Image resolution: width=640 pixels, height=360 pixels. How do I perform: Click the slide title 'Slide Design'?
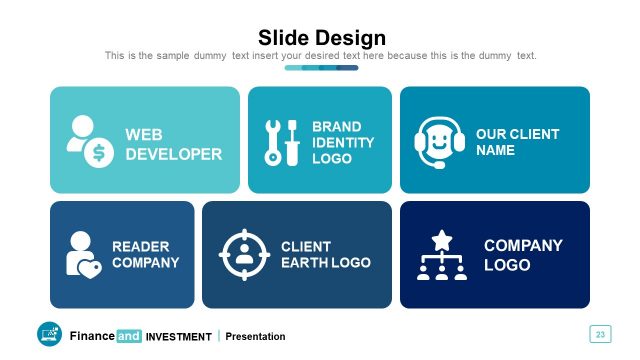tap(321, 38)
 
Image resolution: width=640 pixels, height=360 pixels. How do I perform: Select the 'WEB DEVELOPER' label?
tap(173, 144)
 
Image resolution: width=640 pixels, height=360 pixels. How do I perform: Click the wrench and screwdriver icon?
tap(281, 143)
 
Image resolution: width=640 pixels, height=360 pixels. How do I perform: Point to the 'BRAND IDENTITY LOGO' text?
tap(343, 143)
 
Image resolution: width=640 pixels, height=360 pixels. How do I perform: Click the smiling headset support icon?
tap(440, 141)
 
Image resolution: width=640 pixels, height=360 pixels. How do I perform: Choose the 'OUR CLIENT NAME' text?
tap(517, 142)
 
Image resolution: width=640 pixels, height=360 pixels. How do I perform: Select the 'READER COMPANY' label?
tap(145, 255)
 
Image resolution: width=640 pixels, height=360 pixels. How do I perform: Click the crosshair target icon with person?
tap(245, 254)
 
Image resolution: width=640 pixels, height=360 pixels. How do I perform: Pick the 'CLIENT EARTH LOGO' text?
tap(325, 255)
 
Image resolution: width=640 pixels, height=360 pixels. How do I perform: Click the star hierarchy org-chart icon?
tap(441, 255)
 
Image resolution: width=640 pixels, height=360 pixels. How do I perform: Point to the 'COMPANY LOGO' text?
tap(523, 255)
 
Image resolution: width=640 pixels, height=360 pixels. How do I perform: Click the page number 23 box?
tap(600, 334)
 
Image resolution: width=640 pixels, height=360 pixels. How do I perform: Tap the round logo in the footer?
tap(49, 335)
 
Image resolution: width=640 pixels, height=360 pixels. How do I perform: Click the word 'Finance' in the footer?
tap(92, 336)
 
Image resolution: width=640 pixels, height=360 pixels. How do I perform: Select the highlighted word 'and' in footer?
tap(129, 336)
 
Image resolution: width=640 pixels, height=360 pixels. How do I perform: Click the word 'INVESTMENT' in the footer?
tap(178, 337)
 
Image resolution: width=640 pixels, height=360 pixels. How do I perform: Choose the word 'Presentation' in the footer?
tap(255, 337)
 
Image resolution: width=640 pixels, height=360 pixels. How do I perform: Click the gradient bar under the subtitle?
tap(321, 68)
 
